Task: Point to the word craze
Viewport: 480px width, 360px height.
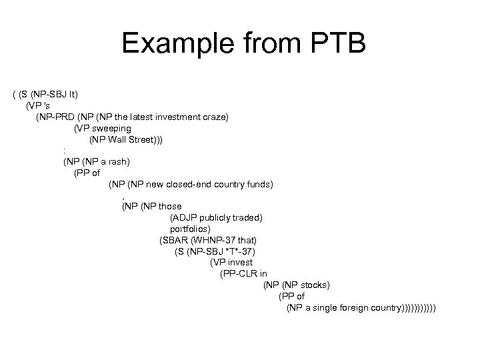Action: coord(216,117)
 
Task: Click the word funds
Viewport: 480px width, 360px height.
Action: coord(259,183)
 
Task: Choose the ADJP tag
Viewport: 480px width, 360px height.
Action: coord(185,217)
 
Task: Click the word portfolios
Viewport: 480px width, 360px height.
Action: coord(189,229)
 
